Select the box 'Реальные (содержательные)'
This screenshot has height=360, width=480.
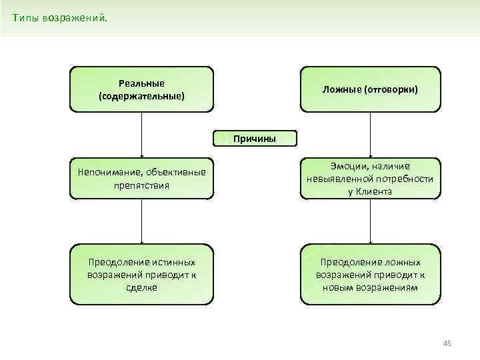pyautogui.click(x=141, y=89)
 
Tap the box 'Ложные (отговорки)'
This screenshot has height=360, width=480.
pyautogui.click(x=370, y=89)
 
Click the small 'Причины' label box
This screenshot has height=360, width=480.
pyautogui.click(x=254, y=139)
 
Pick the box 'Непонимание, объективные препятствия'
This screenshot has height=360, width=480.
pyautogui.click(x=141, y=179)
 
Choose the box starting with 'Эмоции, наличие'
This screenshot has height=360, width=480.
pyautogui.click(x=370, y=179)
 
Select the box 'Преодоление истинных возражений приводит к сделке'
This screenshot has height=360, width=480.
pyautogui.click(x=141, y=275)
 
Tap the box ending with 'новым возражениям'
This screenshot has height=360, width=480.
pyautogui.click(x=370, y=275)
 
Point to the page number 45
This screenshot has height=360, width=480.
pyautogui.click(x=447, y=343)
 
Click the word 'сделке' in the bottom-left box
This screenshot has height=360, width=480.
pyautogui.click(x=141, y=287)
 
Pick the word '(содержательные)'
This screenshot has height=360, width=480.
pyautogui.click(x=141, y=96)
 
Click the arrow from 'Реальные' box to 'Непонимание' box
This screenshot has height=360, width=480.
pyautogui.click(x=141, y=134)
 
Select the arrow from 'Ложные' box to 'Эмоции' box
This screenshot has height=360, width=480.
pyautogui.click(x=370, y=134)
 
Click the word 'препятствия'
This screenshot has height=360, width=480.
pyautogui.click(x=141, y=185)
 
